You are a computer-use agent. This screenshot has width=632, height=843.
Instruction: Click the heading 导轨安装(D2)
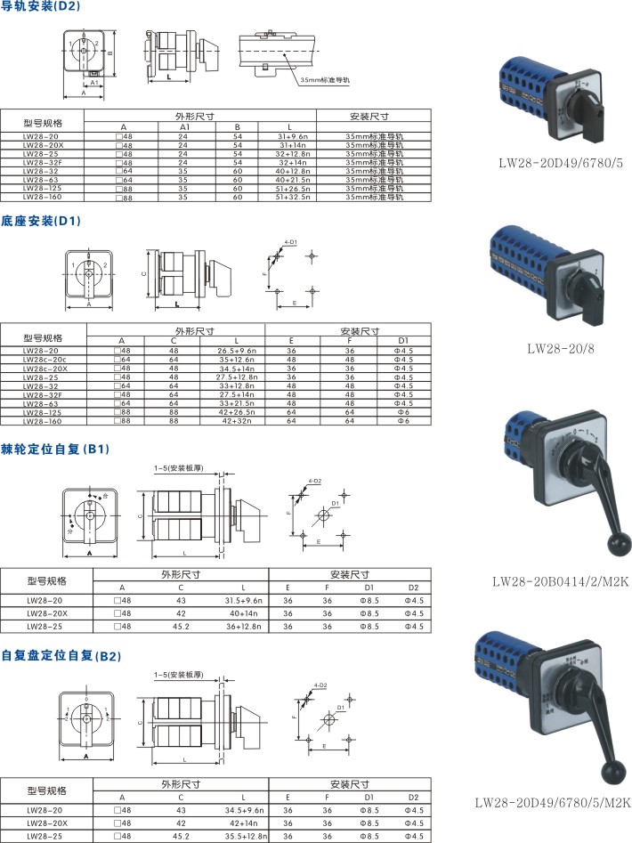(x=40, y=6)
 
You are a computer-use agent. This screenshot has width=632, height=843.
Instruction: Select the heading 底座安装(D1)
(x=40, y=220)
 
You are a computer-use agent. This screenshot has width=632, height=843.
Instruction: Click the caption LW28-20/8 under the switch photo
(x=562, y=348)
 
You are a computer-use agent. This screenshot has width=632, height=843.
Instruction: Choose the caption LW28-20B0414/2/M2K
(x=561, y=582)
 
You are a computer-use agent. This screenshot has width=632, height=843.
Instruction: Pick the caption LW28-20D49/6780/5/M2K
(x=553, y=802)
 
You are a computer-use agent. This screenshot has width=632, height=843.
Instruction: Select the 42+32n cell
(x=236, y=421)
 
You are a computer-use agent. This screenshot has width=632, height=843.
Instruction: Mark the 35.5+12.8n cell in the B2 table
(x=246, y=836)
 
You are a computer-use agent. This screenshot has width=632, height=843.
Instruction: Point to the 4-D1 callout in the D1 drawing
(x=289, y=241)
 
